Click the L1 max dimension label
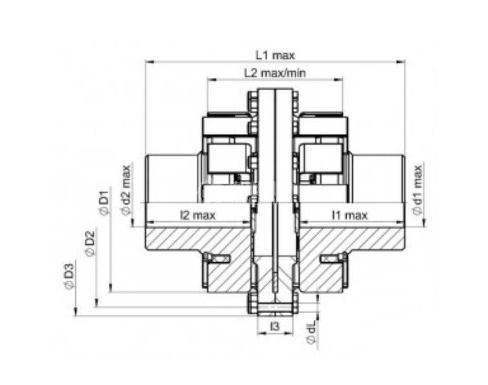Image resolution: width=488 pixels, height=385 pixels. pyautogui.click(x=275, y=56)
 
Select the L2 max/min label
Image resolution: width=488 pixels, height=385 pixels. pyautogui.click(x=275, y=73)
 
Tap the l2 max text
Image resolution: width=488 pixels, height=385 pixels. pyautogui.click(x=198, y=215)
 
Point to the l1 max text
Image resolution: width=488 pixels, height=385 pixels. pyautogui.click(x=350, y=215)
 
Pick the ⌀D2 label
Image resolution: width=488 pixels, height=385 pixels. pyautogui.click(x=90, y=243)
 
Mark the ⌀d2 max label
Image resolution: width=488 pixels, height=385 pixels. pyautogui.click(x=127, y=190)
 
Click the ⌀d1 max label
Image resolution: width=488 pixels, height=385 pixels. pyautogui.click(x=418, y=190)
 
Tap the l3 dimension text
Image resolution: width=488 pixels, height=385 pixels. pyautogui.click(x=275, y=326)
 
